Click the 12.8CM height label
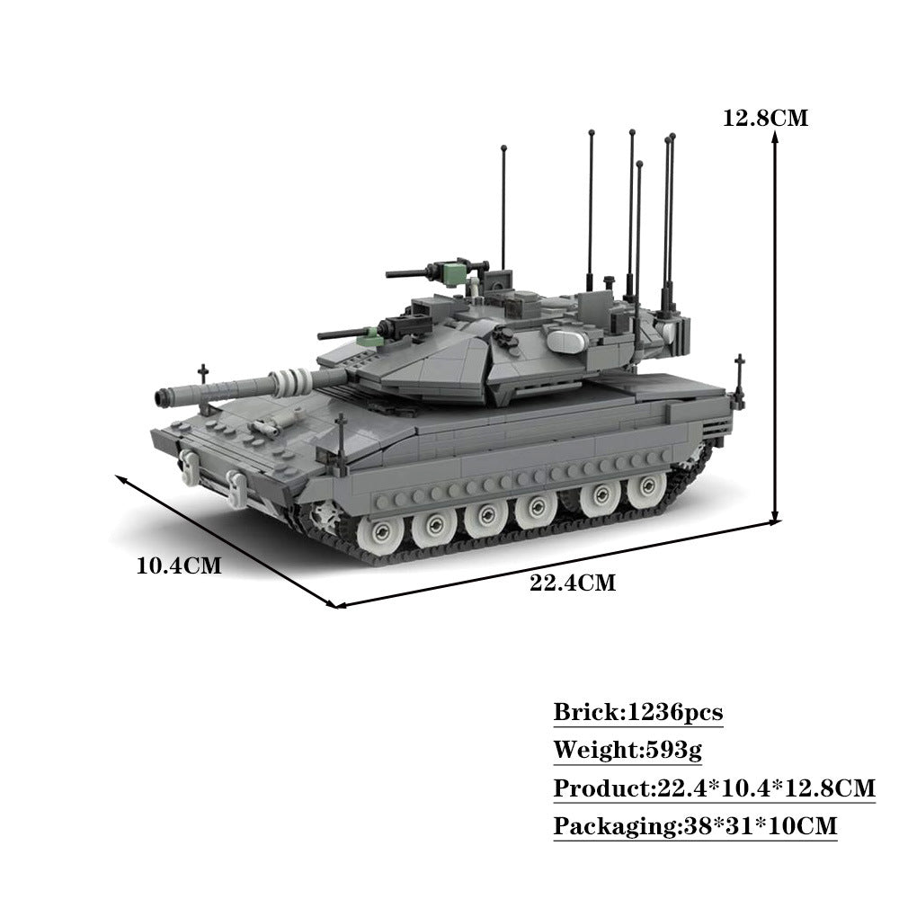coord(765,118)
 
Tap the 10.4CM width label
coord(178,565)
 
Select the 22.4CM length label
coord(573,583)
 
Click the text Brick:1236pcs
coord(637,713)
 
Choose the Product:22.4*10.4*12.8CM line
coord(714,788)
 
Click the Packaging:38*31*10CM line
coord(695,826)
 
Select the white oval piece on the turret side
coord(565,340)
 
